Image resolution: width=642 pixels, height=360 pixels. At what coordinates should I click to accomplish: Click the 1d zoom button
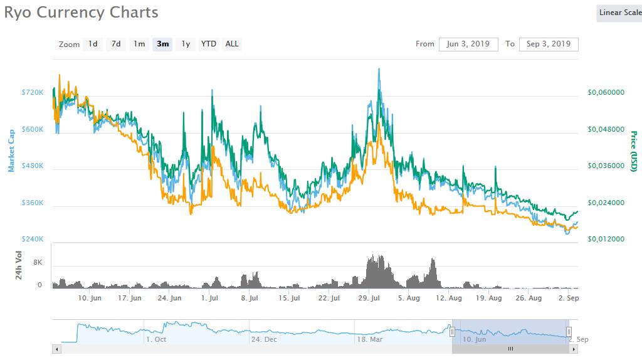point(93,44)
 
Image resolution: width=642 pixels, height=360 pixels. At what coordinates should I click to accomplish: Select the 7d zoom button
point(116,44)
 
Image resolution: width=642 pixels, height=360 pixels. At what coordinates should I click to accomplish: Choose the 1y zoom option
point(186,44)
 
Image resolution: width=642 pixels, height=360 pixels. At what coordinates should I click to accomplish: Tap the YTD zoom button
point(209,44)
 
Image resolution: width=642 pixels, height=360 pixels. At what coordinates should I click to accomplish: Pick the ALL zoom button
point(232,44)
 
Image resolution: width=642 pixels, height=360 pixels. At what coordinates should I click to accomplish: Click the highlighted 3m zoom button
point(163,44)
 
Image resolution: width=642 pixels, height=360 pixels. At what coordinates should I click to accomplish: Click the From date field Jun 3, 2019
point(469,44)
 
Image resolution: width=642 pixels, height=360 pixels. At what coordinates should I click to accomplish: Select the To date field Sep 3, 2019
point(549,44)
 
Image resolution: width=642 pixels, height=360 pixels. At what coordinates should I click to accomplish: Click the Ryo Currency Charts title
point(81,12)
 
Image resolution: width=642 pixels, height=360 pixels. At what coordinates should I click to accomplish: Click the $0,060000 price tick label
point(606,92)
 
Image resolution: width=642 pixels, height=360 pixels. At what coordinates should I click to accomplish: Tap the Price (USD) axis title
point(633,151)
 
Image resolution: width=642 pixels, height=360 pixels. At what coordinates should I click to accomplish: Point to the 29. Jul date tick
point(370,299)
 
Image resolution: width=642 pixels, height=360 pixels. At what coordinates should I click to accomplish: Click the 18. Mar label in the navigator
point(369,339)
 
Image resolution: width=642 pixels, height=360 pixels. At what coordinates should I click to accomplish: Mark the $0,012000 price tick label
point(606,240)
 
